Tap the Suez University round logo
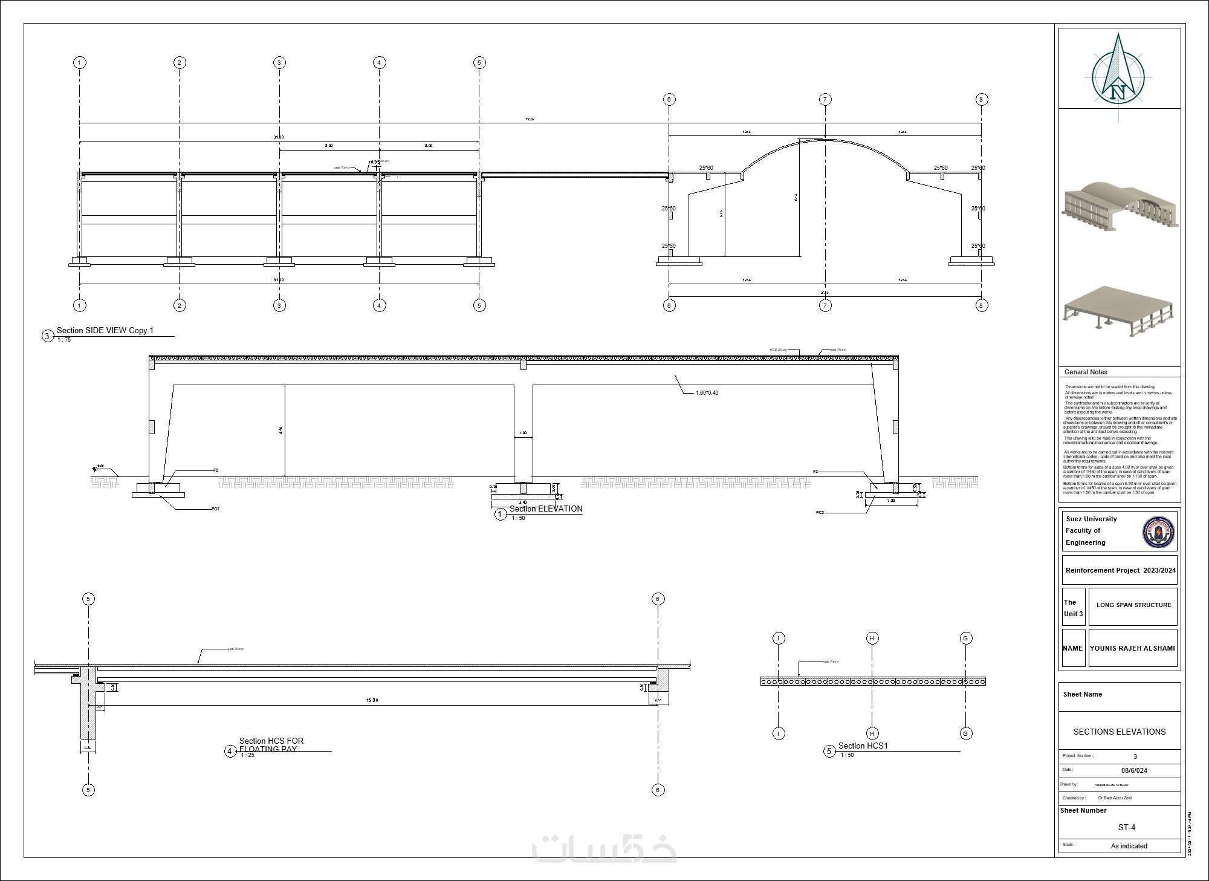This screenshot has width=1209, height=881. tap(1158, 532)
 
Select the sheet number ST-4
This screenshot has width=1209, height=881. tap(1126, 827)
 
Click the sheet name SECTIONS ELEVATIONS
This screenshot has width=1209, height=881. tap(1119, 732)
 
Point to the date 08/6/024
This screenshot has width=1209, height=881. tap(1134, 770)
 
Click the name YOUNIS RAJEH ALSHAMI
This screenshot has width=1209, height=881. tap(1132, 648)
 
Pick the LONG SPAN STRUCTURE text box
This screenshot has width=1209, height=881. tap(1133, 605)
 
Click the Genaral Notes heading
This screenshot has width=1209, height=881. tap(1086, 372)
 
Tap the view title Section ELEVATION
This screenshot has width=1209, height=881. tap(546, 509)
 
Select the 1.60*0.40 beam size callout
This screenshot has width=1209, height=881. tap(707, 393)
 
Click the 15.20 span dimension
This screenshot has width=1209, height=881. tap(372, 700)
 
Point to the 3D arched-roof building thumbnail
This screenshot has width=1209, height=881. tap(1120, 207)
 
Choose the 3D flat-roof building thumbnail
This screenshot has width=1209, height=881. tap(1118, 311)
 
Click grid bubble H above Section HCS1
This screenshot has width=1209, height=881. tap(872, 638)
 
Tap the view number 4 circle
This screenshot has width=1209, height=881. tap(230, 752)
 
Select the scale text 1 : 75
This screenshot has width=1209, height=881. tap(64, 340)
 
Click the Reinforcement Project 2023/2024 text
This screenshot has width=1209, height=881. tap(1120, 570)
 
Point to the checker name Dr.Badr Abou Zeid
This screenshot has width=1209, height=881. tap(1115, 798)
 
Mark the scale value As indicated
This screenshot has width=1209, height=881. tap(1129, 846)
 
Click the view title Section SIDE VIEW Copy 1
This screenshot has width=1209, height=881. tap(105, 331)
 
